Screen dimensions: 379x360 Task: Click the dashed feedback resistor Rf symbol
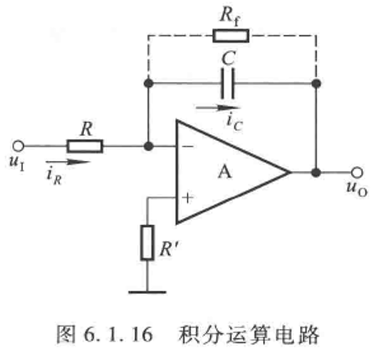pyautogui.click(x=231, y=35)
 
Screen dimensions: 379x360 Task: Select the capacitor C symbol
pyautogui.click(x=228, y=83)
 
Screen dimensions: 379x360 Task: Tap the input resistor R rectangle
pyautogui.click(x=85, y=146)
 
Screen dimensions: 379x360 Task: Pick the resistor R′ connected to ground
pyautogui.click(x=147, y=243)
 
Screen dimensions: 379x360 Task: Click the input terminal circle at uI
pyautogui.click(x=18, y=146)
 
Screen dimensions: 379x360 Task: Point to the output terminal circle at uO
pyautogui.click(x=357, y=172)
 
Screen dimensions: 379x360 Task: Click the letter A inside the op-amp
pyautogui.click(x=225, y=172)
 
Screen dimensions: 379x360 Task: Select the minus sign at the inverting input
pyautogui.click(x=188, y=146)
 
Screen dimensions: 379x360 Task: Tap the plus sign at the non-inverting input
pyautogui.click(x=188, y=198)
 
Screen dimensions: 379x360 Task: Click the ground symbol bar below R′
pyautogui.click(x=147, y=292)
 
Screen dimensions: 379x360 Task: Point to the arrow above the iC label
pyautogui.click(x=218, y=108)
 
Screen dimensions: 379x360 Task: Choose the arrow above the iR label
pyautogui.click(x=68, y=162)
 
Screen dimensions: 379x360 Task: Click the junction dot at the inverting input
pyautogui.click(x=149, y=146)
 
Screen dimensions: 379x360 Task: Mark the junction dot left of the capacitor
pyautogui.click(x=149, y=83)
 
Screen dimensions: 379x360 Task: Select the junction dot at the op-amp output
pyautogui.click(x=316, y=172)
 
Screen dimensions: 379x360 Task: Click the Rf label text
pyautogui.click(x=230, y=17)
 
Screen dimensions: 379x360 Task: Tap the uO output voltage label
pyautogui.click(x=357, y=188)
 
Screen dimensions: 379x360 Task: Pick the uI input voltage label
pyautogui.click(x=17, y=162)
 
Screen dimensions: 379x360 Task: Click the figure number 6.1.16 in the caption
pyautogui.click(x=118, y=335)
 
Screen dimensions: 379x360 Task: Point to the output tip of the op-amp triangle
pyautogui.click(x=290, y=172)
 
